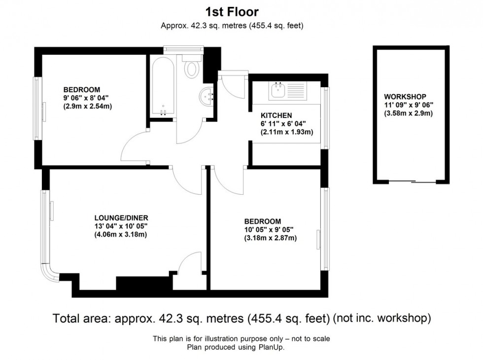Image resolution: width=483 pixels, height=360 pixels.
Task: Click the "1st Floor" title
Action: point(232,12)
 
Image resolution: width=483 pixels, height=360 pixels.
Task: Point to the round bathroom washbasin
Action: point(207,96)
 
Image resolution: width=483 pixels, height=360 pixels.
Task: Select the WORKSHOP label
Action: point(405,97)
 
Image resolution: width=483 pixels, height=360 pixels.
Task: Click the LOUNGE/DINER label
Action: point(121,217)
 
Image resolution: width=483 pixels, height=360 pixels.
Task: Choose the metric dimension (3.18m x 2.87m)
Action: point(270,238)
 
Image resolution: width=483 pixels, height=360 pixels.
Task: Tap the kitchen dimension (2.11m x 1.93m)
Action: point(287,132)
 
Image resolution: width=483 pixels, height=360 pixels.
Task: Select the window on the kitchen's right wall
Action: point(325,118)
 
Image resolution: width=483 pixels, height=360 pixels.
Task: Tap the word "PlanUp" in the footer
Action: point(273,347)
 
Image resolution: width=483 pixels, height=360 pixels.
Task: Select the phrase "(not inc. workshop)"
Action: point(382,319)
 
